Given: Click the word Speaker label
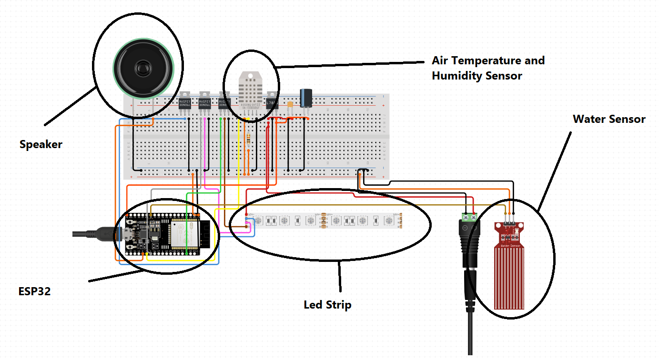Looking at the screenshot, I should click(x=41, y=144).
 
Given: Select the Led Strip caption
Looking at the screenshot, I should click(x=327, y=304).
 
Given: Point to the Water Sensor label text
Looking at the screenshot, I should click(x=608, y=119).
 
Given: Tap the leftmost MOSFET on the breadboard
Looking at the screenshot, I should click(x=184, y=102).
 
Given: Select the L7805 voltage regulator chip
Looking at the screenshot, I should click(x=272, y=102).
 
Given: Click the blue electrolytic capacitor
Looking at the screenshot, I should click(x=305, y=98).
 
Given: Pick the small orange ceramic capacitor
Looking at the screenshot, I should click(x=290, y=104).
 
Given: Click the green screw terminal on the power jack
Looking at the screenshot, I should click(x=470, y=217).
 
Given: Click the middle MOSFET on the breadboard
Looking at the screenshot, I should click(x=204, y=102).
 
